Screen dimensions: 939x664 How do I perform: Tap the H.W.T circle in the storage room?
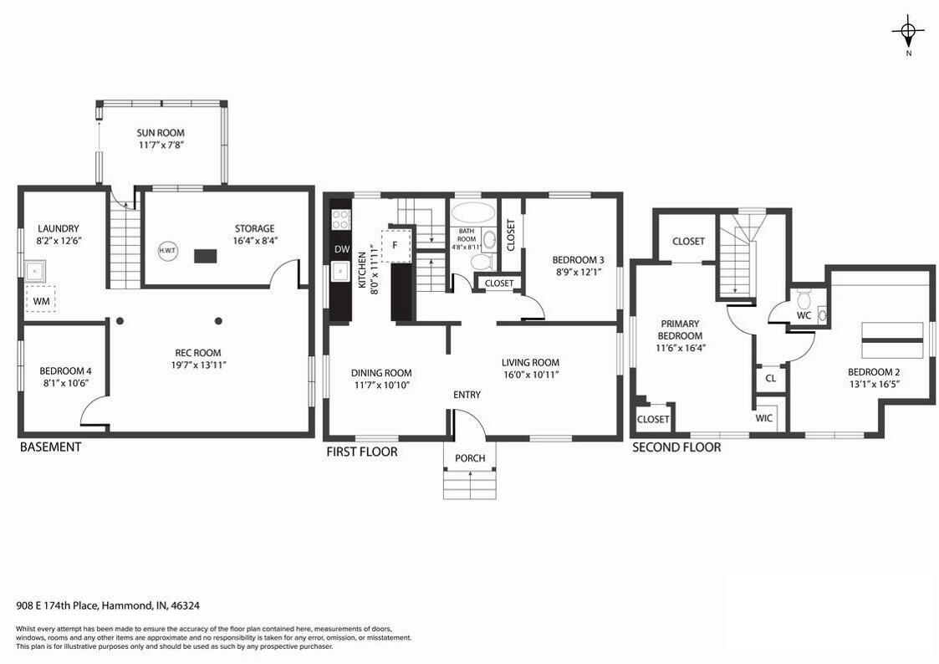(168, 250)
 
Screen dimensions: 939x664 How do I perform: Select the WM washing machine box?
(41, 299)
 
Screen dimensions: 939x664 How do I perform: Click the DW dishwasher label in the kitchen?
(342, 250)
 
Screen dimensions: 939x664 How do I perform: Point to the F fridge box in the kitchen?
(396, 244)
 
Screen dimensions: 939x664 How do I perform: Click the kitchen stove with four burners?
(341, 218)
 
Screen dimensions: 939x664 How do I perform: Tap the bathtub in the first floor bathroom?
(473, 212)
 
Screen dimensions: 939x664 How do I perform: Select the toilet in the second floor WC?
(804, 298)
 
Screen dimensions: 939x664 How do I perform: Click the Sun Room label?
(161, 132)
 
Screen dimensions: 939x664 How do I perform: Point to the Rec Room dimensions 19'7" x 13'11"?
(197, 365)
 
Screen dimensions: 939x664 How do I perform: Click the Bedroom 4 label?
(65, 370)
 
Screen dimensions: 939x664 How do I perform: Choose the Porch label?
(470, 458)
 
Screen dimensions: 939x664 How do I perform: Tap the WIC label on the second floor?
(763, 418)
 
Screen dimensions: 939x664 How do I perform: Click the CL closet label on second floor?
(771, 378)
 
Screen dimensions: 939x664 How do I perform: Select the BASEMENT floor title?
(50, 447)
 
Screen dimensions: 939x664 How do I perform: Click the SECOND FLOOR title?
(676, 447)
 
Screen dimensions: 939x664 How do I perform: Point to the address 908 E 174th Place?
(57, 605)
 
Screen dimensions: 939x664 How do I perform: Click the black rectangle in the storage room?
(205, 256)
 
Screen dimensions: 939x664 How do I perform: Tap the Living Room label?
(531, 362)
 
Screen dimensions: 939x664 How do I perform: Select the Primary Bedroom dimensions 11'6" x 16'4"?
(680, 348)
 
